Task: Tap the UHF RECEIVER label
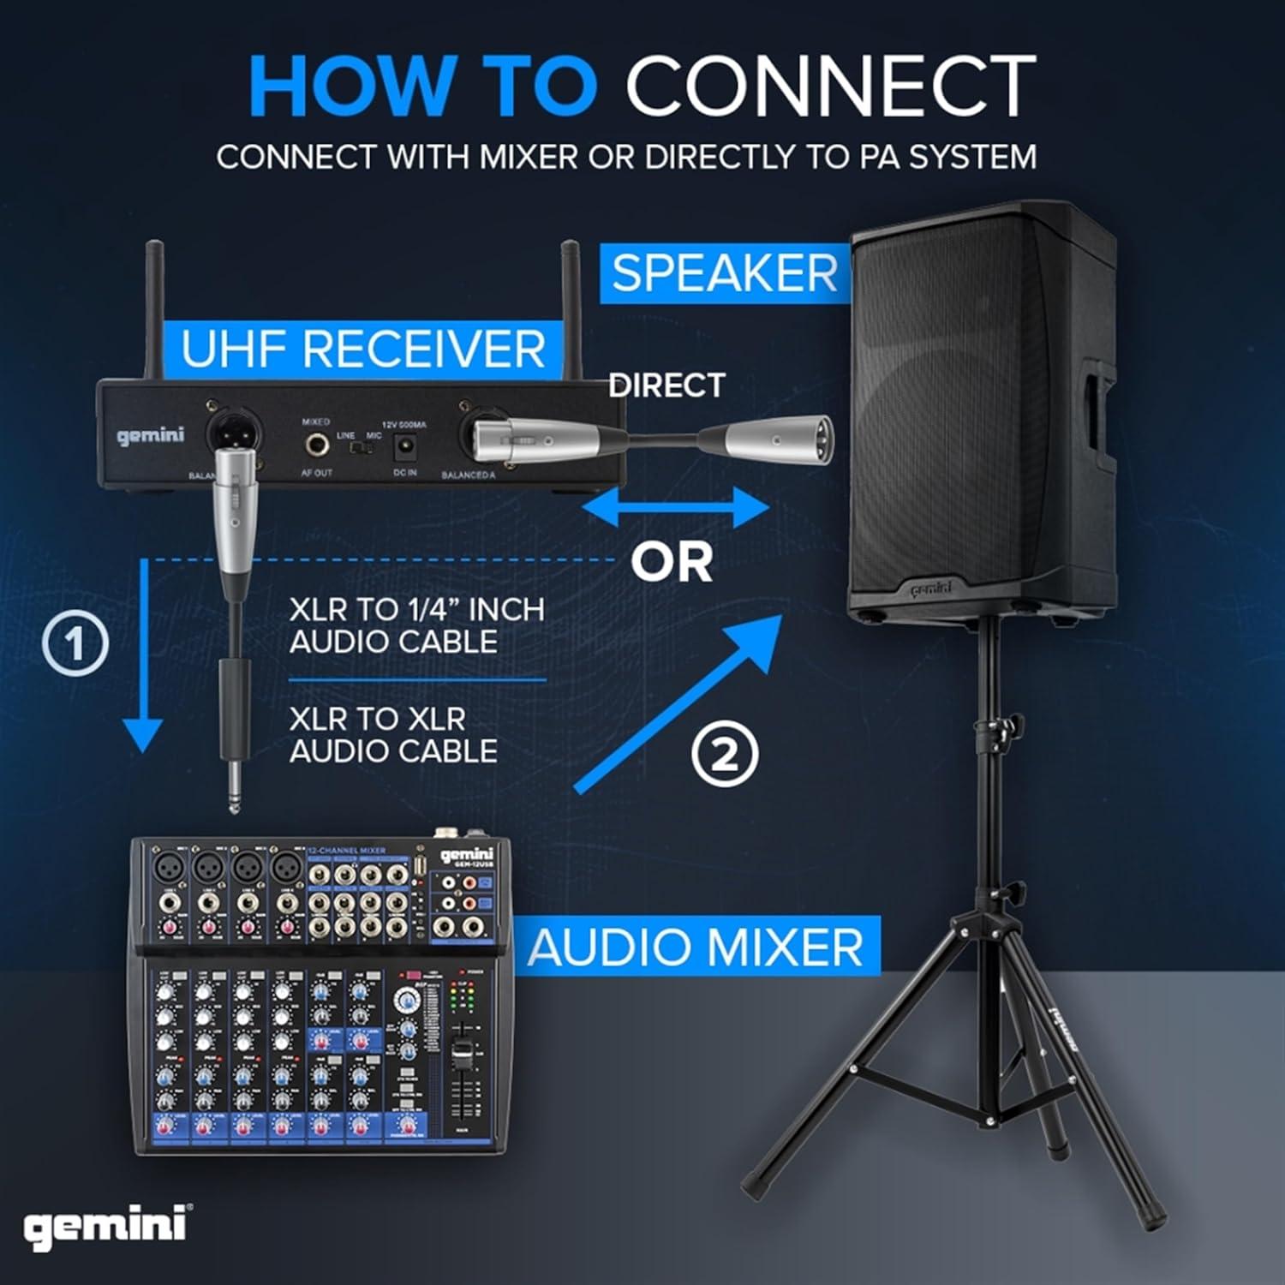click(x=363, y=350)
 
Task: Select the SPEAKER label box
click(x=725, y=273)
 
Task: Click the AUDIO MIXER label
click(x=696, y=947)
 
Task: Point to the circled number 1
click(x=75, y=644)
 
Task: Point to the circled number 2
click(x=725, y=755)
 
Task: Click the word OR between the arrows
click(x=672, y=563)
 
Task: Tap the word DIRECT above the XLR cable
click(x=666, y=385)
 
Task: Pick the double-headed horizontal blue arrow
click(x=675, y=510)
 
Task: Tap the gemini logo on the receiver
click(x=151, y=436)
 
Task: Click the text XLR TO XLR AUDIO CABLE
click(x=393, y=734)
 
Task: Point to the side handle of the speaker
click(x=1097, y=420)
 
